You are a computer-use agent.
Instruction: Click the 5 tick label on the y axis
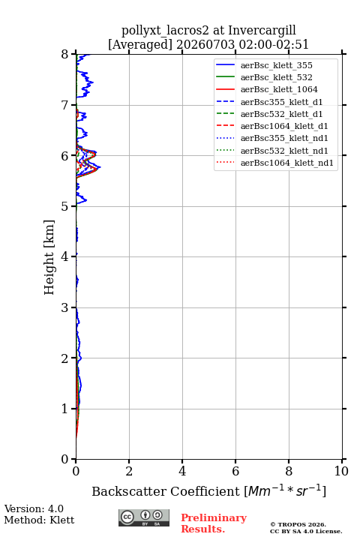(65, 206)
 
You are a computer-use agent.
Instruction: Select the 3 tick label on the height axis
(65, 307)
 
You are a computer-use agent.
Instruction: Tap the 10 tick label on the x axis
(341, 471)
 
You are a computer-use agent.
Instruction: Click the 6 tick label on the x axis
(235, 471)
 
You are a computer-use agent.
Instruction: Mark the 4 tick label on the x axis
(182, 471)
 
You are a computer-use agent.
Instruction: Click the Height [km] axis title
(49, 257)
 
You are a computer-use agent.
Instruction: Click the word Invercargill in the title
(262, 30)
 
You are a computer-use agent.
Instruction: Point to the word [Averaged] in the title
(140, 44)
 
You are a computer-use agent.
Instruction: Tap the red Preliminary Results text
(214, 523)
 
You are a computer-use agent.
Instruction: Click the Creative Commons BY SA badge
(144, 517)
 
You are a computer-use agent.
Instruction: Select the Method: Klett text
(39, 520)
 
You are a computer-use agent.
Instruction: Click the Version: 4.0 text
(34, 508)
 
